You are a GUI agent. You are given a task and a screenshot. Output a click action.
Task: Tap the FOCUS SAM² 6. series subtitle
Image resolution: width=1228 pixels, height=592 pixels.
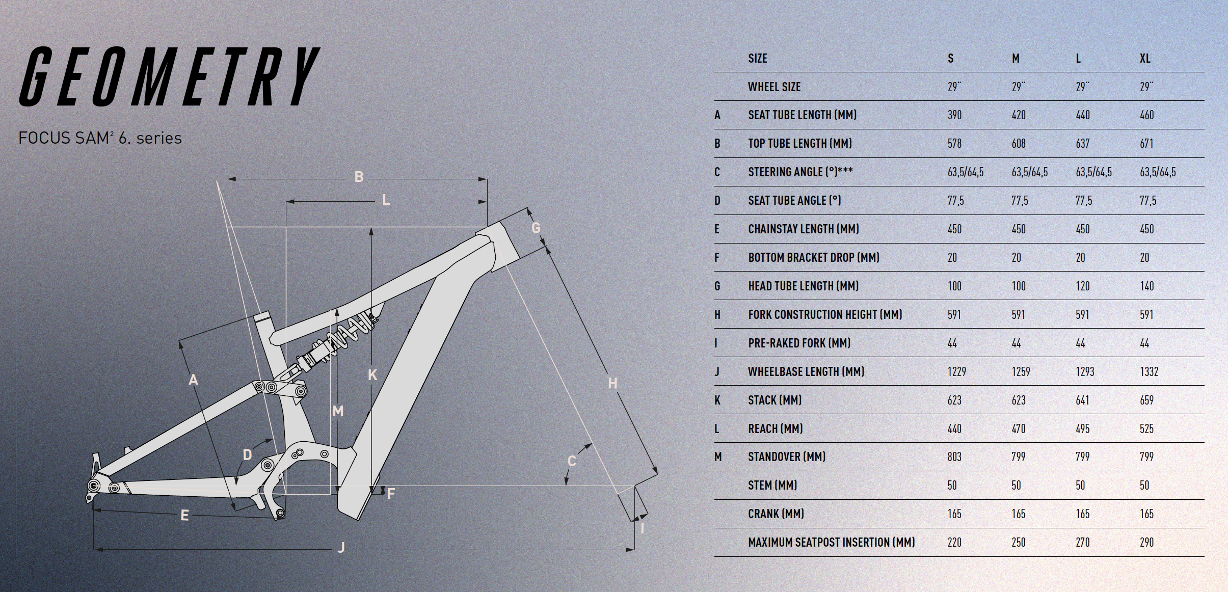[100, 138]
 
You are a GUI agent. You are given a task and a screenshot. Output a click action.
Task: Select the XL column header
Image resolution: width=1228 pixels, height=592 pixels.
[1145, 59]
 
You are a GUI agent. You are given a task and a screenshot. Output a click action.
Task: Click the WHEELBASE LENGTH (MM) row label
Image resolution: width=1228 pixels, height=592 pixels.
[806, 372]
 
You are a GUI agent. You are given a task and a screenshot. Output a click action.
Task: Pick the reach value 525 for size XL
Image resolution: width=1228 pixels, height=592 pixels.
[1146, 429]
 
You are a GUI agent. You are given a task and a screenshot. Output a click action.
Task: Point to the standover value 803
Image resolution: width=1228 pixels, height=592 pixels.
[954, 457]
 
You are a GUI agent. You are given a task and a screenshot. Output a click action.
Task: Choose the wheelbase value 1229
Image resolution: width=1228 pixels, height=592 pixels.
[956, 372]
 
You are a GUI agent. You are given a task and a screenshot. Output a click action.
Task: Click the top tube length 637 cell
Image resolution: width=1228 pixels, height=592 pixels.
[1083, 144]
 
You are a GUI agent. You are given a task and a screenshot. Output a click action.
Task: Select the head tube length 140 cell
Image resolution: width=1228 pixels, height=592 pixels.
[1146, 286]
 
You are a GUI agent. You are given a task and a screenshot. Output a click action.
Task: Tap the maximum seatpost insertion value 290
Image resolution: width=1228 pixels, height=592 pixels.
[1146, 543]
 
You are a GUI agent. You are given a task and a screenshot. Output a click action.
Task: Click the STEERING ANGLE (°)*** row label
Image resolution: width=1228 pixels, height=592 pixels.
[800, 172]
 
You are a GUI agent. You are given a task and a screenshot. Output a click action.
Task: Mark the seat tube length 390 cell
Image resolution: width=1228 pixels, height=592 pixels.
[954, 115]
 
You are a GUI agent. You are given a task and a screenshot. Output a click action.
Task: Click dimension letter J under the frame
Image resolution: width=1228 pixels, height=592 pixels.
[341, 548]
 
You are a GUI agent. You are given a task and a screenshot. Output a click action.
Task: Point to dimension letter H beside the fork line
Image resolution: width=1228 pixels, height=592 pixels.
[612, 383]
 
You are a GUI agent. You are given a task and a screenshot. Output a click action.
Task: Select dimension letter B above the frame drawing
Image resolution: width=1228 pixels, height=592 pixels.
[359, 177]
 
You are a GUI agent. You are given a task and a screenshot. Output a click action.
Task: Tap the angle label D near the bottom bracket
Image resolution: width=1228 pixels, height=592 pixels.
[248, 454]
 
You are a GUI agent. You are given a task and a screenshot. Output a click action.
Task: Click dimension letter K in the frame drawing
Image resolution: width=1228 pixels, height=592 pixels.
[372, 375]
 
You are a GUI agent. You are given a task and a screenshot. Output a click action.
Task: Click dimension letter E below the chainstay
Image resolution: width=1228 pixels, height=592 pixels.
[184, 516]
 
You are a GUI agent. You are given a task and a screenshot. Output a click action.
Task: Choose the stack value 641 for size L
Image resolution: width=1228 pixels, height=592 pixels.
[1082, 400]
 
